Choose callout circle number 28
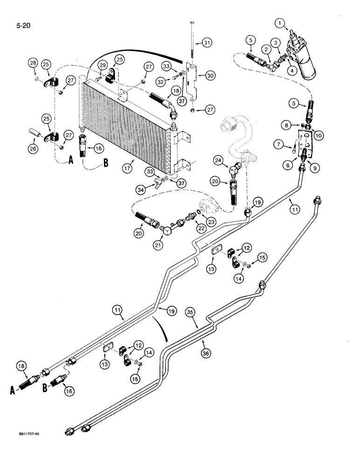[x=33, y=62]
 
